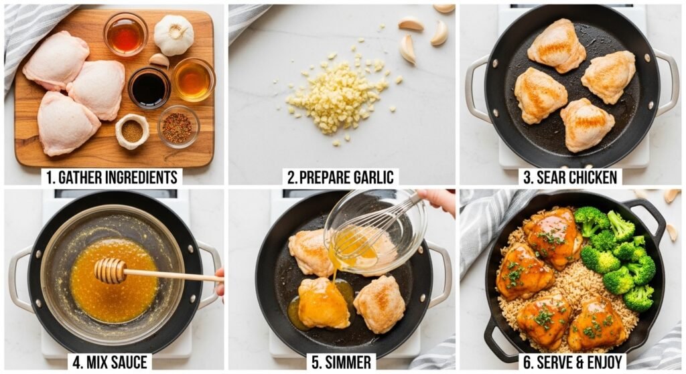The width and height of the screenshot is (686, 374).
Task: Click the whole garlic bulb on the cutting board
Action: coord(174,35)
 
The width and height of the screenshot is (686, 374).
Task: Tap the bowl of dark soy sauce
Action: coord(149,88)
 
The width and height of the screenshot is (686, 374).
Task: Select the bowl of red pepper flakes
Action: coord(178,126)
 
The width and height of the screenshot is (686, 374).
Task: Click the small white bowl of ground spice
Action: coord(132,131)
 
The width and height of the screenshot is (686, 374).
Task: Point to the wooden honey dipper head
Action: coord(110,270)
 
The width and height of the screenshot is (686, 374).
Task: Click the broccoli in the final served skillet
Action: coord(617,257)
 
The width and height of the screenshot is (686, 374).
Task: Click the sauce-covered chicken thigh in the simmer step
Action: coord(324,303)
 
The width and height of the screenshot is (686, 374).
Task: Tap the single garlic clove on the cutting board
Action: coord(159,60)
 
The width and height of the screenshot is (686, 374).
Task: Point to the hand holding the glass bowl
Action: coord(437,200)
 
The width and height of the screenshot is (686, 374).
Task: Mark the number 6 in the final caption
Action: coord(527,362)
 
